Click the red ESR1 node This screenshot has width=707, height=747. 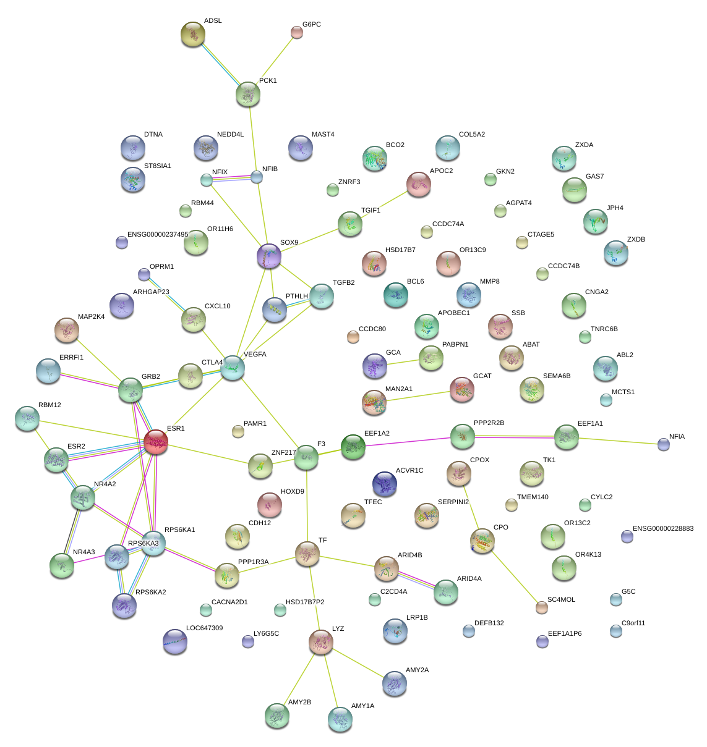coord(156,442)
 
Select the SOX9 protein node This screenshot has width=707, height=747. coord(268,256)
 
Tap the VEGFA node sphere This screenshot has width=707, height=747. coord(233,368)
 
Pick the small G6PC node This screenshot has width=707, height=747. coord(297,33)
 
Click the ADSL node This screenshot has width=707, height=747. coord(193,35)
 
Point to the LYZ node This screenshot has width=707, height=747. coord(320,643)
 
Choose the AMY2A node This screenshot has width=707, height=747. coord(395,683)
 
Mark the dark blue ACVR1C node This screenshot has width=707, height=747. coord(385,484)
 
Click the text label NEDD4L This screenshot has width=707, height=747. coord(230,134)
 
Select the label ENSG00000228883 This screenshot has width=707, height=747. coord(663,529)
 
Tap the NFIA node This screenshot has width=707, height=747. coord(664,444)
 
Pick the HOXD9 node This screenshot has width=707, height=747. coord(269,504)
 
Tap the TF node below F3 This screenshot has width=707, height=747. coord(307,554)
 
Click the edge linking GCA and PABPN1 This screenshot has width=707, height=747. coord(403,362)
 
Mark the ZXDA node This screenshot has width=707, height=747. coord(563,158)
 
